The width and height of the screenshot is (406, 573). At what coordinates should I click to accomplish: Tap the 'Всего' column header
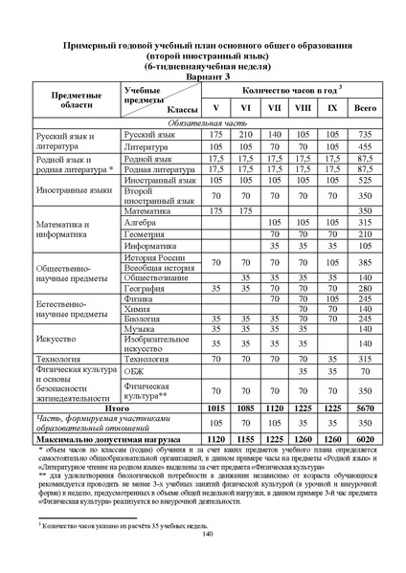tap(365, 106)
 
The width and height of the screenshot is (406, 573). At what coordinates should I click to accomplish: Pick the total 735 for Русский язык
tap(365, 136)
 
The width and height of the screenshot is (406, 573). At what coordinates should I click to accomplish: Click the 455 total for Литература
tap(365, 148)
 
